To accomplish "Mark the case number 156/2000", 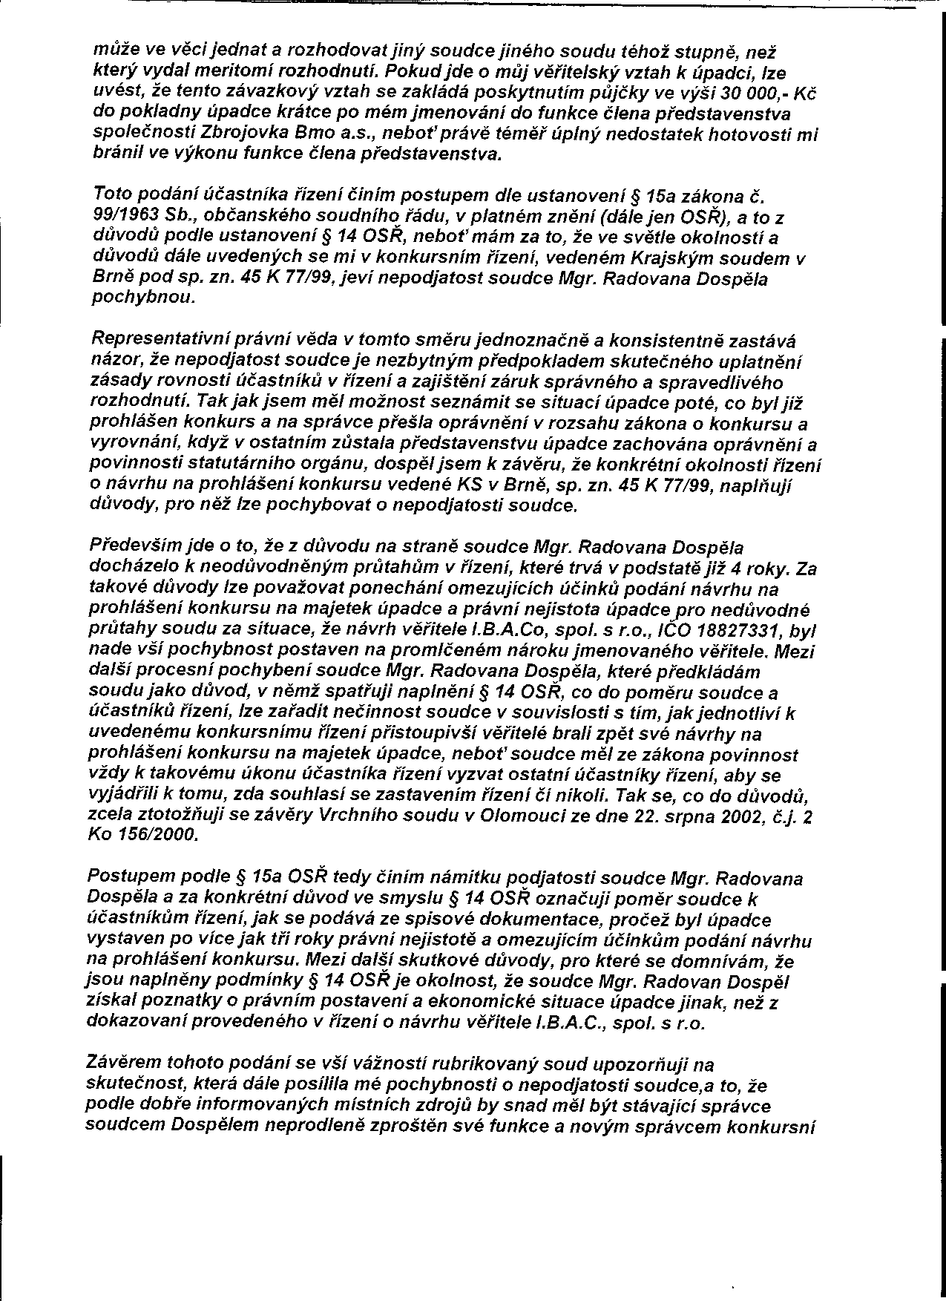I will point(159,836).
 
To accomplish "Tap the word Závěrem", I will point(122,1064).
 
